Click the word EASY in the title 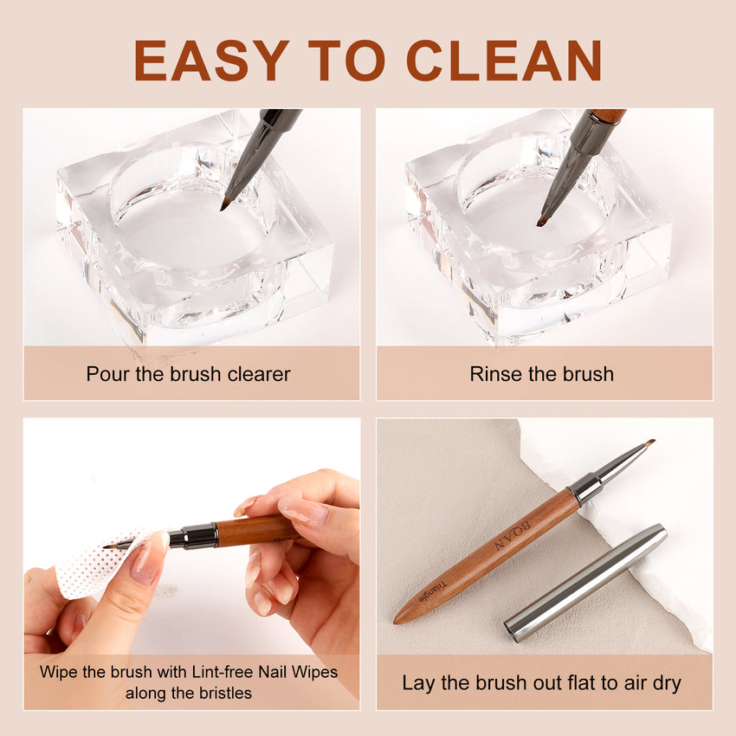(x=211, y=61)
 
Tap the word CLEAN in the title (x=503, y=61)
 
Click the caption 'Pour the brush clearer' (x=188, y=374)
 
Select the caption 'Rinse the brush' (x=541, y=374)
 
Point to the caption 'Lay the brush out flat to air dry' (x=541, y=682)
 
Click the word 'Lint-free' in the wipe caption (x=228, y=671)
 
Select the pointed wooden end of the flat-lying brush (x=402, y=617)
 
